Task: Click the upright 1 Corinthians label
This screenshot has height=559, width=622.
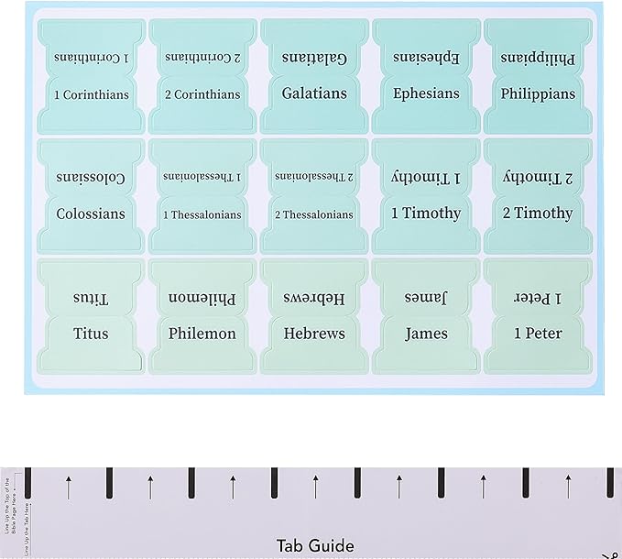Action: [x=91, y=94]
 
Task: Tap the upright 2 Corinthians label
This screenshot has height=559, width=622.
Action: [x=202, y=94]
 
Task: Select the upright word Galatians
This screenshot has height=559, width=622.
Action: [x=314, y=93]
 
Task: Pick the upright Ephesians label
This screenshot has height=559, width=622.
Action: [x=426, y=93]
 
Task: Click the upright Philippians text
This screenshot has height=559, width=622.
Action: [x=538, y=93]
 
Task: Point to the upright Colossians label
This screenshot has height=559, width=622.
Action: [x=91, y=214]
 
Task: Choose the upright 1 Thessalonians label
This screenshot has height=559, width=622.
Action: [x=202, y=214]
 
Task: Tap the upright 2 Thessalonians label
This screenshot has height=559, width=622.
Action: [x=314, y=214]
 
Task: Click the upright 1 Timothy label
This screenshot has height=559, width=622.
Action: [x=426, y=214]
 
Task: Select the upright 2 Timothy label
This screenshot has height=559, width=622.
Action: [x=538, y=214]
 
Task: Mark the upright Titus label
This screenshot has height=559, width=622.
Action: [x=91, y=334]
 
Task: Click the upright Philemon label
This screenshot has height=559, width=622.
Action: [x=202, y=334]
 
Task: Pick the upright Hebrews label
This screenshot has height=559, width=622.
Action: [x=314, y=334]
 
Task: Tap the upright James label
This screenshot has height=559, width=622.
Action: [x=426, y=334]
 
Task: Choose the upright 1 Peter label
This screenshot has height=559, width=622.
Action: [x=538, y=334]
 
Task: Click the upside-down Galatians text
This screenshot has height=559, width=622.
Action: [x=314, y=57]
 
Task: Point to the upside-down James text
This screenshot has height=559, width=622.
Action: [x=426, y=297]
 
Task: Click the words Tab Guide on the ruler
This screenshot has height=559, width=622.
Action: [x=315, y=546]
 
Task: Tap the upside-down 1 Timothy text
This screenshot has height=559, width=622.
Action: [x=426, y=177]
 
